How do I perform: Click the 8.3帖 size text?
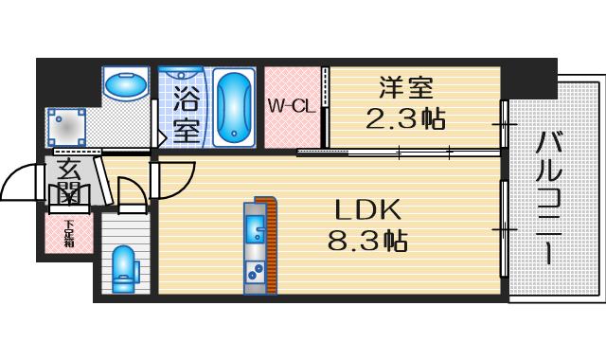pyautogui.click(x=367, y=241)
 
